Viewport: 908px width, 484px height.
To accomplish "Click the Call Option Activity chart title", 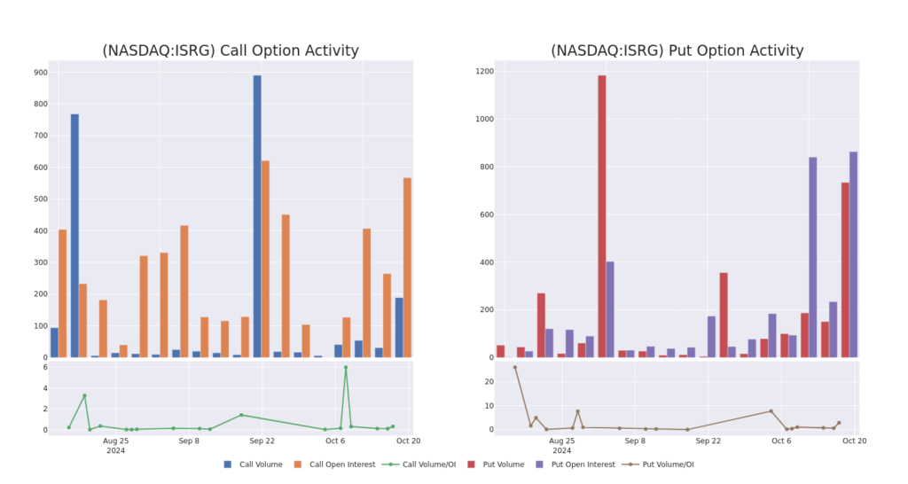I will point(231,51).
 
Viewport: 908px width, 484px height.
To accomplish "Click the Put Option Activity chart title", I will point(677,51).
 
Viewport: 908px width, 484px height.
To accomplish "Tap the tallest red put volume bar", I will point(602,215).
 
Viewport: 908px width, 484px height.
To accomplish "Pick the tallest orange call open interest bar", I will point(265,258).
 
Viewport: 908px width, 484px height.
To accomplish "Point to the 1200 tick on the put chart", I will point(482,71).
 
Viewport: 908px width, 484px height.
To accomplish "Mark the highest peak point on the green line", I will point(346,367).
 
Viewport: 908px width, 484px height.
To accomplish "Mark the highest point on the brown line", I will point(514,367).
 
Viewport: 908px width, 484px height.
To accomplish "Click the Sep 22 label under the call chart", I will point(262,441).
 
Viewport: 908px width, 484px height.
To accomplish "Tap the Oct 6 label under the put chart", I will point(781,441).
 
